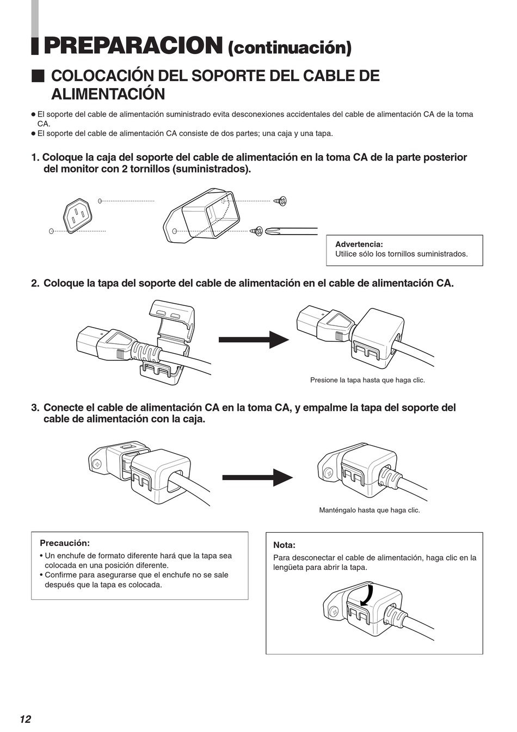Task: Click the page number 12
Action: click(x=25, y=719)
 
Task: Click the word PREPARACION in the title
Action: click(x=133, y=46)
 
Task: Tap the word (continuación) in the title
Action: click(x=290, y=48)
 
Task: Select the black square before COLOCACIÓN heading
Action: click(x=38, y=76)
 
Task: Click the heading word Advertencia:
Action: click(x=359, y=244)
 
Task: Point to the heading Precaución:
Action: click(x=64, y=543)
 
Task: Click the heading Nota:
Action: click(x=284, y=545)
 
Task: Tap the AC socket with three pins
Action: click(x=77, y=215)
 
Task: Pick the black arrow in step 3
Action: click(x=257, y=477)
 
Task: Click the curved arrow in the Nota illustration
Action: click(x=368, y=595)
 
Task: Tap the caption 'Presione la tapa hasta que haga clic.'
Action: click(x=367, y=380)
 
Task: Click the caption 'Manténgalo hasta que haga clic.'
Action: click(x=369, y=510)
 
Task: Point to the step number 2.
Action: click(x=35, y=284)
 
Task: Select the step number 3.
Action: click(x=35, y=408)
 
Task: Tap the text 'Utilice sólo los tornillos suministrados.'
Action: click(x=401, y=254)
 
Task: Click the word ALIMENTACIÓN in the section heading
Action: click(x=108, y=94)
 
